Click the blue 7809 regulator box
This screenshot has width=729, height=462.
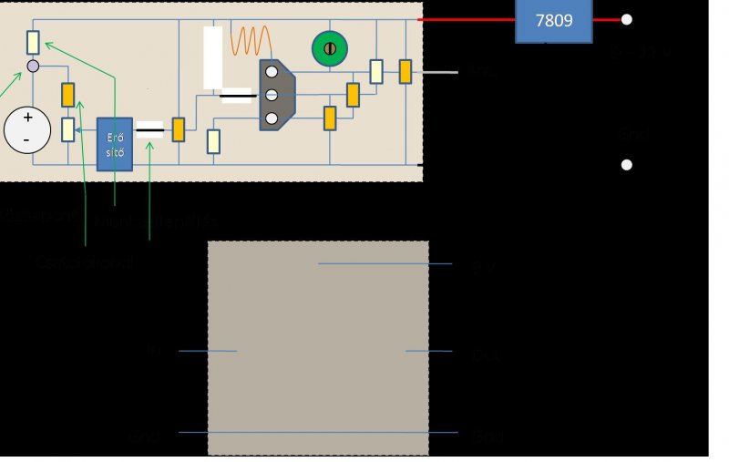click(554, 20)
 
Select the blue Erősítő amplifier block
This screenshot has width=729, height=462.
click(114, 143)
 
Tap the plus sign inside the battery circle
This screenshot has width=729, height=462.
click(27, 118)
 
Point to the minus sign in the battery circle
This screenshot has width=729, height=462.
click(26, 139)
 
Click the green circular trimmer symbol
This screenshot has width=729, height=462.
click(330, 48)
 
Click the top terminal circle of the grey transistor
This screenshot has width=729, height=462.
click(271, 72)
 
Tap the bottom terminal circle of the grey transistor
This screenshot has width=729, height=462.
click(271, 118)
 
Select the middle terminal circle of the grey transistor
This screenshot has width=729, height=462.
click(271, 95)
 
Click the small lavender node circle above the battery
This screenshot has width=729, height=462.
click(33, 67)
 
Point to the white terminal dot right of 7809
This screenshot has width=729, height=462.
click(626, 19)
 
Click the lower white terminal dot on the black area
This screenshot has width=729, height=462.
click(626, 165)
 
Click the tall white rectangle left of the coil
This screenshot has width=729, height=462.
click(212, 57)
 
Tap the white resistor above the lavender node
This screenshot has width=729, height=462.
click(33, 42)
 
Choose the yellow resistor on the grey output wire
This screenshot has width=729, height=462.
click(405, 71)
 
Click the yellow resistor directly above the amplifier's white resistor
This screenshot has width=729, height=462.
click(67, 94)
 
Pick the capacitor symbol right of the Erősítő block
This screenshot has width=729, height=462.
click(149, 129)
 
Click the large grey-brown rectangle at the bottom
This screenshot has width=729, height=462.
click(318, 347)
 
